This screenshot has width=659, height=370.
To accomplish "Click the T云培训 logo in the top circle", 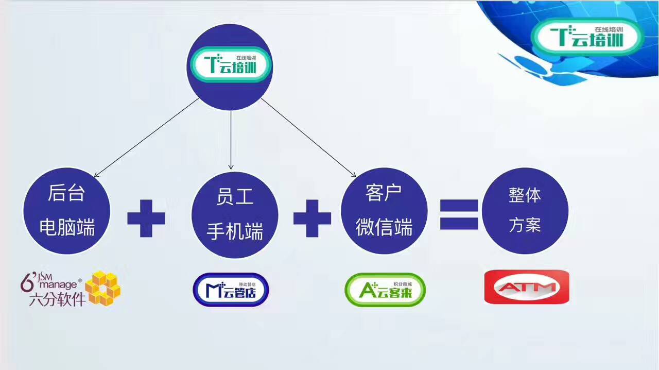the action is click(230, 64).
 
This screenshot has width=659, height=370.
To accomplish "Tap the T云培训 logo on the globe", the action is click(587, 37).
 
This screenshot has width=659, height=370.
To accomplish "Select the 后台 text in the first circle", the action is click(66, 193).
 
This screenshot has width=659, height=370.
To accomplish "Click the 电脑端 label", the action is click(67, 227).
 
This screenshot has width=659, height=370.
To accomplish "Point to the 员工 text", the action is click(235, 196).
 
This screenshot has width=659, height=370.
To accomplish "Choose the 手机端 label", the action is click(235, 231).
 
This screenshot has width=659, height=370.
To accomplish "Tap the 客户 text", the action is click(384, 193).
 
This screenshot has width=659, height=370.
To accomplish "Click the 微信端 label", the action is click(384, 227).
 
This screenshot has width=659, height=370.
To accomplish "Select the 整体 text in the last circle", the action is click(525, 195).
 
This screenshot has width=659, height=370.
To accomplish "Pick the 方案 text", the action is click(525, 225).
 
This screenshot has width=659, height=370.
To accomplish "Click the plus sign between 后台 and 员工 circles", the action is click(146, 218).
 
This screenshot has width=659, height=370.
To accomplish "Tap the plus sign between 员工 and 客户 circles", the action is click(312, 218).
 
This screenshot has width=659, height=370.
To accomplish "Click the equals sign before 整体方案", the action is click(459, 214).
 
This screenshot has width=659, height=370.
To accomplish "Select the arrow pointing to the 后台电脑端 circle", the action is click(146, 138).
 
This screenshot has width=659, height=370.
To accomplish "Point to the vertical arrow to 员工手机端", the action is click(231, 140).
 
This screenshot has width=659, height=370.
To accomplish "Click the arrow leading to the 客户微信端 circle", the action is click(308, 138).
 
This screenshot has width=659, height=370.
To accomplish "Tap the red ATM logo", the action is click(527, 287).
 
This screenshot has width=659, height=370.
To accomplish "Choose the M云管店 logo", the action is click(231, 290).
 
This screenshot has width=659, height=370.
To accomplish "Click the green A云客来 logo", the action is click(385, 290).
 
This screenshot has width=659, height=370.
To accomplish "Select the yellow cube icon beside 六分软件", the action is click(103, 288).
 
